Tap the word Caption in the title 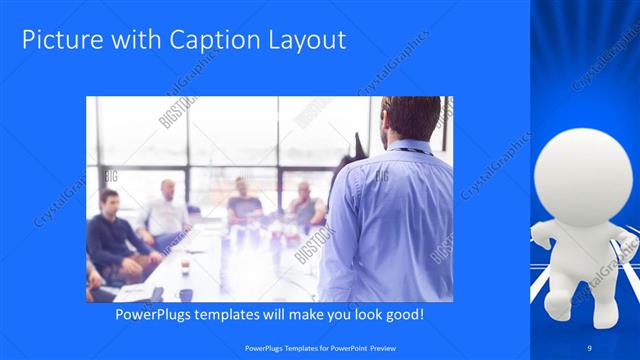[x=202, y=40]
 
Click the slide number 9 [x=590, y=346]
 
